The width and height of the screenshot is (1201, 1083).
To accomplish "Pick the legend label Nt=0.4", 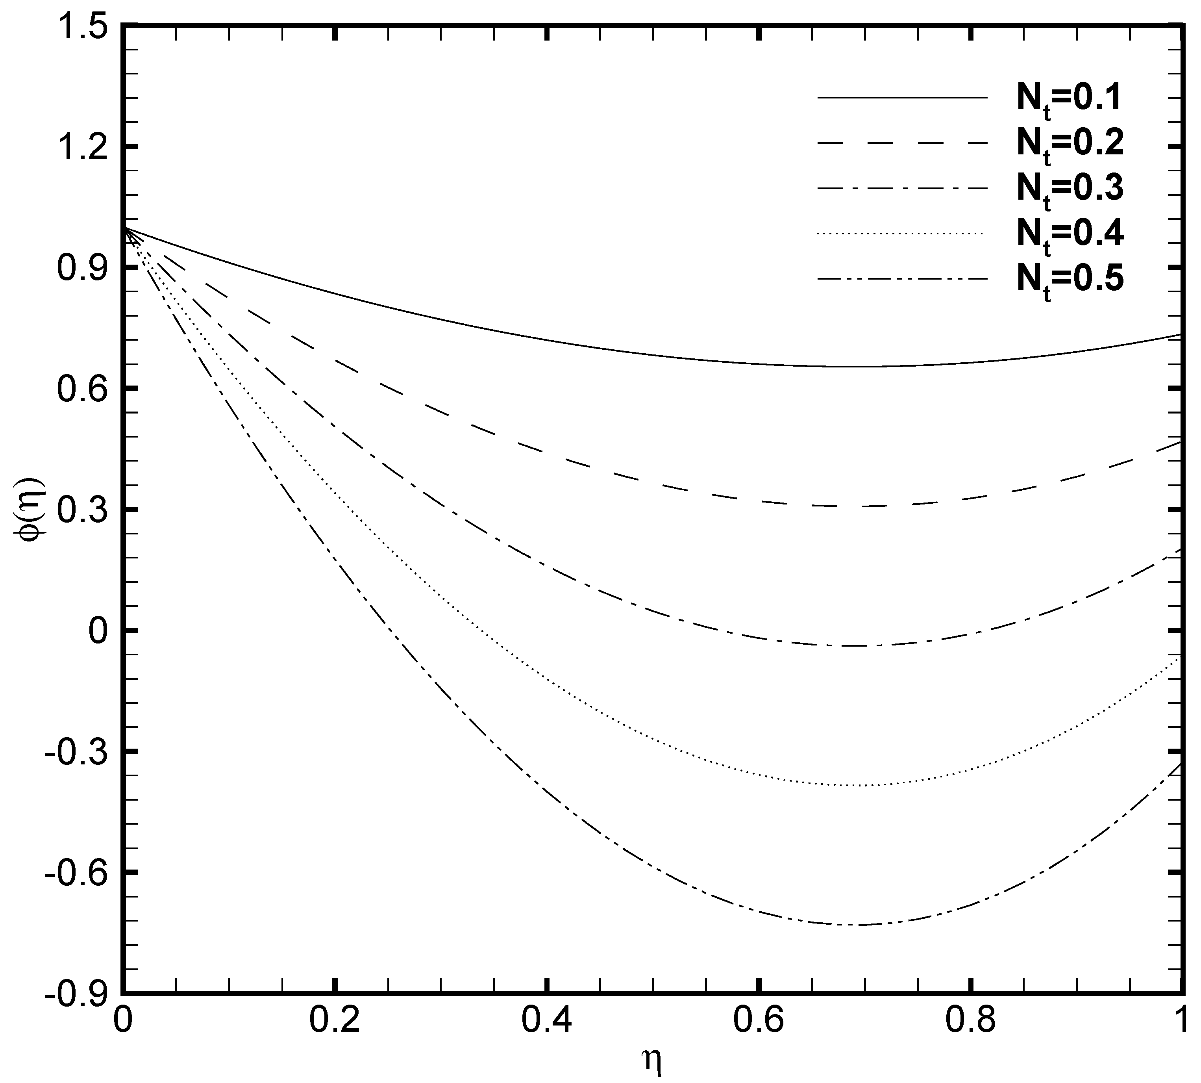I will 1069,235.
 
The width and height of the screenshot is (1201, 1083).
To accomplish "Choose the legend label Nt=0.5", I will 1069,280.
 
